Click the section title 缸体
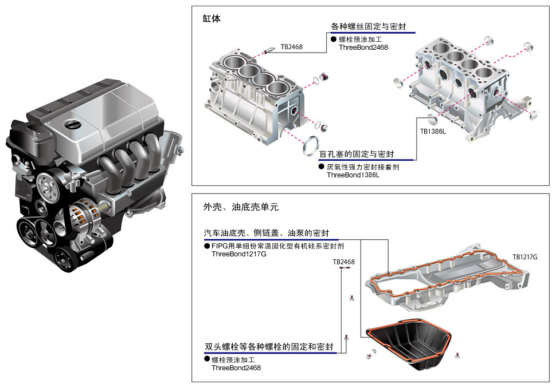point(212,18)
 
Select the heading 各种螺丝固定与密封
point(369,26)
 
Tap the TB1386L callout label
point(433,132)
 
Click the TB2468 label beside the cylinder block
point(292,47)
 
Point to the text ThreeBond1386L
point(353,175)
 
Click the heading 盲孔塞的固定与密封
point(357,154)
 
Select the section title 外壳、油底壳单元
point(241,207)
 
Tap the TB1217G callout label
point(525,257)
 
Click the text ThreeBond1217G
point(238,254)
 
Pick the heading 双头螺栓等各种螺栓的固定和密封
point(269,347)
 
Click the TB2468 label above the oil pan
point(343,262)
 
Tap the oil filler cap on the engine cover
point(72,124)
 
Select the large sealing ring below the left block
point(311,146)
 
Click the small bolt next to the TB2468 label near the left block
point(268,51)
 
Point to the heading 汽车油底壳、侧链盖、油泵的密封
point(267,233)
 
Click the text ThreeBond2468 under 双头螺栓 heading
point(236,368)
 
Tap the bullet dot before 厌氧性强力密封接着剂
point(321,167)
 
